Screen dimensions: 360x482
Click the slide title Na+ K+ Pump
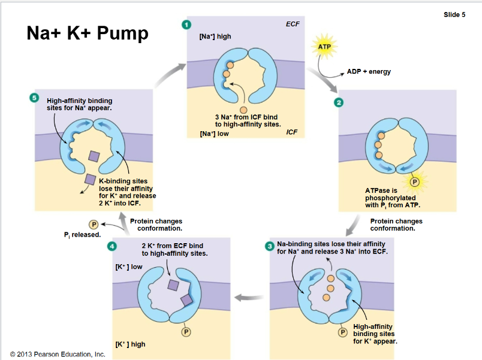pyautogui.click(x=87, y=34)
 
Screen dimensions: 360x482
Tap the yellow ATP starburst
pyautogui.click(x=324, y=47)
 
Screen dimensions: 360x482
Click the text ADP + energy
pyautogui.click(x=368, y=72)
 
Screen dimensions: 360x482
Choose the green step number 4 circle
pyautogui.click(x=112, y=246)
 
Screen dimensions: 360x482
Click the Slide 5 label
pyautogui.click(x=454, y=15)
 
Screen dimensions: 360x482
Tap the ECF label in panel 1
pyautogui.click(x=293, y=25)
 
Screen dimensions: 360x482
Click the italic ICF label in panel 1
pyautogui.click(x=292, y=132)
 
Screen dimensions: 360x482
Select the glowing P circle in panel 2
pyautogui.click(x=414, y=181)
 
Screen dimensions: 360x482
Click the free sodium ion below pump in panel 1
pyautogui.click(x=243, y=110)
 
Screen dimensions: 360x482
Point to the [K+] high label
pyautogui.click(x=130, y=344)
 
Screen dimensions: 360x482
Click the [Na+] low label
pyautogui.click(x=214, y=134)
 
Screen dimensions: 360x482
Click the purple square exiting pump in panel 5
pyautogui.click(x=89, y=179)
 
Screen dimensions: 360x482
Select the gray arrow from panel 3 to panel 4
pyautogui.click(x=248, y=297)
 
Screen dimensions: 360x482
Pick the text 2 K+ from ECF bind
pyautogui.click(x=172, y=246)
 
